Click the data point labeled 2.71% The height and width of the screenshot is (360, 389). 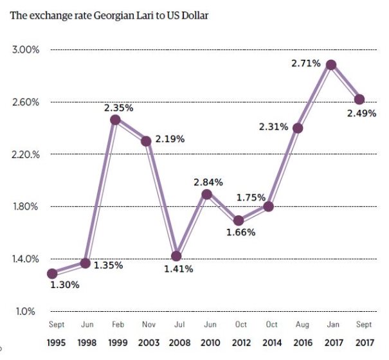(331, 65)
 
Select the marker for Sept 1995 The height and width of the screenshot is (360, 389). (53, 273)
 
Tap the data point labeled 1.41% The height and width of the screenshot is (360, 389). (177, 256)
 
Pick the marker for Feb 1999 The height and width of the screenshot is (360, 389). (115, 120)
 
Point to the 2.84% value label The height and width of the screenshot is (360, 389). (209, 183)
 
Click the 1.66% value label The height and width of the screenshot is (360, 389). (240, 231)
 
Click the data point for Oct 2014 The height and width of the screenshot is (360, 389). (269, 206)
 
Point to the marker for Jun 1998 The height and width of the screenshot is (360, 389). (84, 263)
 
